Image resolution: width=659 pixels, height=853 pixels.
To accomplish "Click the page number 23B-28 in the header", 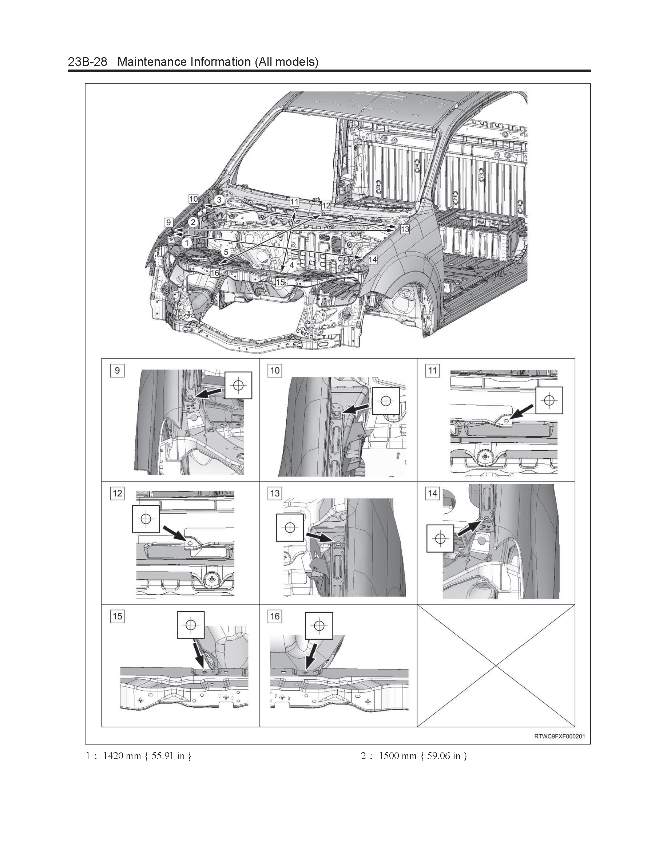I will [x=87, y=62].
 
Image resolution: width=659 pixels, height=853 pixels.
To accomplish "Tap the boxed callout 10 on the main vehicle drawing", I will [x=193, y=199].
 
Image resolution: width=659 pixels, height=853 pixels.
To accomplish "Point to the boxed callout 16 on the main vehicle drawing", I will [x=215, y=273].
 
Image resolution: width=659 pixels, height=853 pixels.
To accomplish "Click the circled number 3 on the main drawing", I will [x=219, y=200].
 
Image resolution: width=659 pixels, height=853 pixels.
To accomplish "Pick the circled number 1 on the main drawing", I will [x=187, y=243].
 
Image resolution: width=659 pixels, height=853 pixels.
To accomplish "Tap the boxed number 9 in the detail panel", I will [x=117, y=370].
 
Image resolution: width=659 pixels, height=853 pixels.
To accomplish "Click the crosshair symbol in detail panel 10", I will [x=386, y=401].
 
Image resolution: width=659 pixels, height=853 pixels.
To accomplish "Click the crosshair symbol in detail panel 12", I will [x=146, y=519].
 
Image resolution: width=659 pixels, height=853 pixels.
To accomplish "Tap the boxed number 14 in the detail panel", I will [x=433, y=493].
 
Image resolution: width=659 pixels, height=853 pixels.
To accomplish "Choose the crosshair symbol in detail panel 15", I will [x=191, y=625].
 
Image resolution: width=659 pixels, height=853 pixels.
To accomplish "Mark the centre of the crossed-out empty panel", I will [x=496, y=666].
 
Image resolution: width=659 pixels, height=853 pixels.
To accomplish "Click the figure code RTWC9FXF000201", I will [x=559, y=736].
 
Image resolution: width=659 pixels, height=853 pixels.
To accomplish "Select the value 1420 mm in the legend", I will [x=122, y=756].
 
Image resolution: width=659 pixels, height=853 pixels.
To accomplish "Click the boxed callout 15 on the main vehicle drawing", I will [x=280, y=282].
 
